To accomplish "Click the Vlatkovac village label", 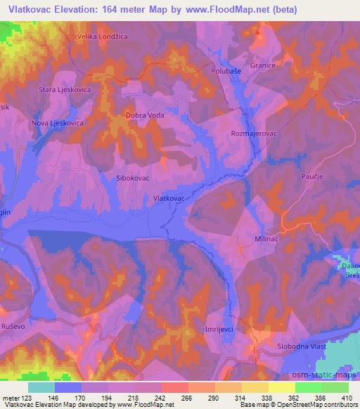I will click(x=169, y=199).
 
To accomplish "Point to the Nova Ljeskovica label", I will click(x=58, y=123).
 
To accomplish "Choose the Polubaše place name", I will click(x=226, y=72).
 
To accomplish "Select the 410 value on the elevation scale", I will click(x=347, y=398).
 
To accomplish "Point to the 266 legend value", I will click(x=186, y=398).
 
